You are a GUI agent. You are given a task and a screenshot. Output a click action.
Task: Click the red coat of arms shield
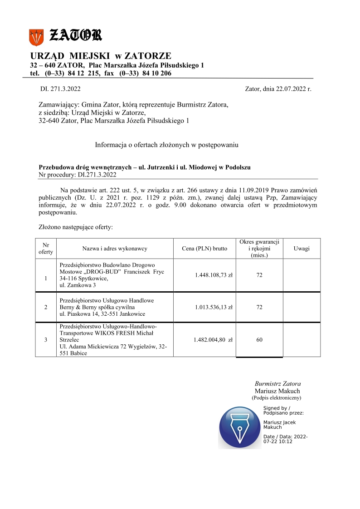pos(36,37)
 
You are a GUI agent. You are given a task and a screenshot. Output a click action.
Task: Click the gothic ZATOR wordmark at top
pos(75,35)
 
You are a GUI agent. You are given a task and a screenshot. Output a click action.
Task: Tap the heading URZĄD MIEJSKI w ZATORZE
pos(101,56)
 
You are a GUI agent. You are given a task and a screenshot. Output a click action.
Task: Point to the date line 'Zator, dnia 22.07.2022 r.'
pos(278,89)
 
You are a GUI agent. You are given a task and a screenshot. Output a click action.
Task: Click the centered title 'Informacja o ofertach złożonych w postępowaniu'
pos(167,145)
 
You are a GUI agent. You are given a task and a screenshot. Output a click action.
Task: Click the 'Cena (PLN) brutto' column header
pos(204,249)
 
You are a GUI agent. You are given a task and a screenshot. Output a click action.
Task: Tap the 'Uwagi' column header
pos(302,249)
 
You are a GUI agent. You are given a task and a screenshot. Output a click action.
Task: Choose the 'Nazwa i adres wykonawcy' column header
pos(115,249)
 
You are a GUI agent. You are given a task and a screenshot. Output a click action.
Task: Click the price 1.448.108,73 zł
pos(214,275)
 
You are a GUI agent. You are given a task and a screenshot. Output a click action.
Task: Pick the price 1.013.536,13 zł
pos(214,307)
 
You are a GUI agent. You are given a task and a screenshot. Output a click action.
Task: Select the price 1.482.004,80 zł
pos(214,339)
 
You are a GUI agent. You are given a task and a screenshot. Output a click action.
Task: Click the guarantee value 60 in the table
pos(259,339)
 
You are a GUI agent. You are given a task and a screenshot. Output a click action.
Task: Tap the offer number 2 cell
pos(46,307)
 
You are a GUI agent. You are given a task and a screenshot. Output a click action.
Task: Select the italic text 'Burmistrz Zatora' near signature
pos(277,383)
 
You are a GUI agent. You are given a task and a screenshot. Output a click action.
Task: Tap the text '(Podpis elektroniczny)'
pos(277,398)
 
